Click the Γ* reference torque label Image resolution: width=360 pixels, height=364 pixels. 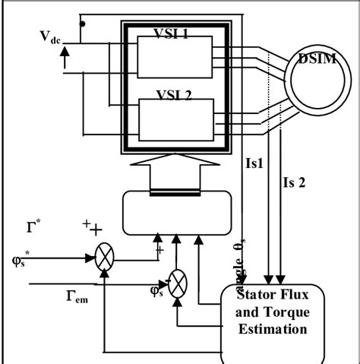coord(33,226)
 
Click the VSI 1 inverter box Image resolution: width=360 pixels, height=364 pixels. coord(175,58)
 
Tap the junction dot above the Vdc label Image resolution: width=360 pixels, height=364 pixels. coord(81,24)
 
